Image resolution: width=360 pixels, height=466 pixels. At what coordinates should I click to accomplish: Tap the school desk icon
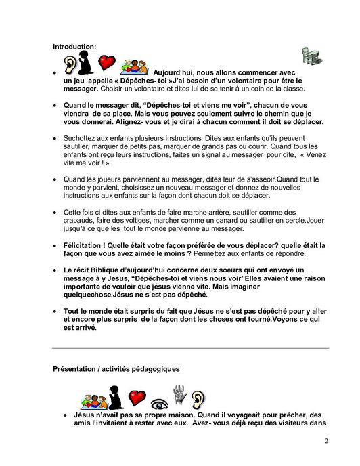click(311, 58)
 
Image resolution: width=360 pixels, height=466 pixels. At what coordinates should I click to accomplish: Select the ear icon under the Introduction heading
click(70, 64)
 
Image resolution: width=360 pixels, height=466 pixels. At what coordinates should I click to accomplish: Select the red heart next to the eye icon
click(137, 396)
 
